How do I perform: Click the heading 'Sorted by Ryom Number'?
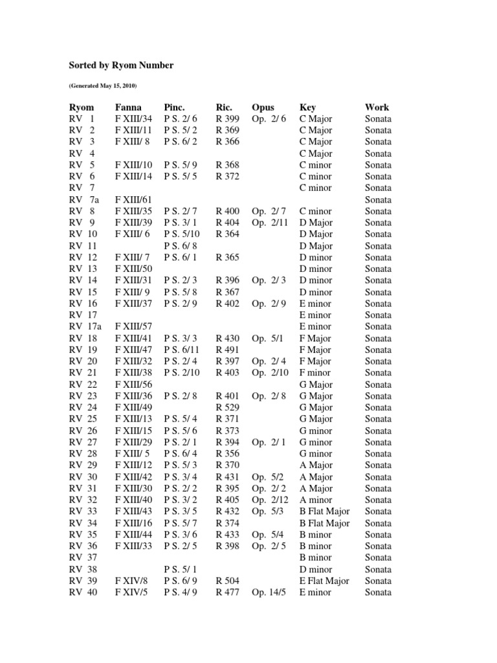coord(121,65)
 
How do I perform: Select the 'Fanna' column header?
coord(129,107)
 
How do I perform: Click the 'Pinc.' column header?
coord(175,107)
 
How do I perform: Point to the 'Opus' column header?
coord(263,107)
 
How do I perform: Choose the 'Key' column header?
coord(307,107)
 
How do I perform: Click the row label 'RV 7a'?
coord(84,199)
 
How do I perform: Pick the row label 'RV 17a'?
coord(85,326)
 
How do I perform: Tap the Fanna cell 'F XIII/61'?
coord(133,199)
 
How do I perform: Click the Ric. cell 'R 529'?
coord(228,407)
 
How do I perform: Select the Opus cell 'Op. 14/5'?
coord(269,592)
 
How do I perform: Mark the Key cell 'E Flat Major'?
coord(324,581)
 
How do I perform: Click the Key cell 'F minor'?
coord(315,373)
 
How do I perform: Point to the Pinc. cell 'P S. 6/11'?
coord(182,350)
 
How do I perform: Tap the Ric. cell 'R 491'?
coord(228,350)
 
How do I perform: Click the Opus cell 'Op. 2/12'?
coord(269,500)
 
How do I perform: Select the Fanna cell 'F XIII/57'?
coord(133,326)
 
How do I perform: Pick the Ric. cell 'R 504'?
coord(228,581)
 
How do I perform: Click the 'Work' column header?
coord(377,107)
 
